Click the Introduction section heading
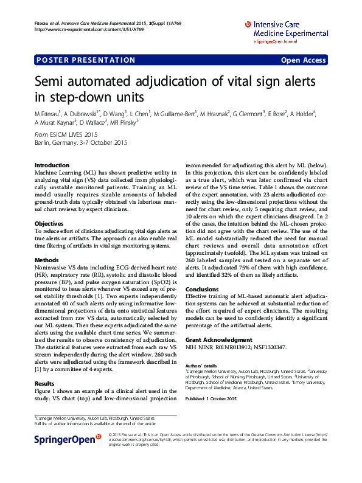pos(52,165)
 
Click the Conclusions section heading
pos(202,290)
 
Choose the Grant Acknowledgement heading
pos(218,339)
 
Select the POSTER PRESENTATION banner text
pos(86,60)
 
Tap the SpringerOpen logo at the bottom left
pos(68,439)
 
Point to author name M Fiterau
pos(48,114)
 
